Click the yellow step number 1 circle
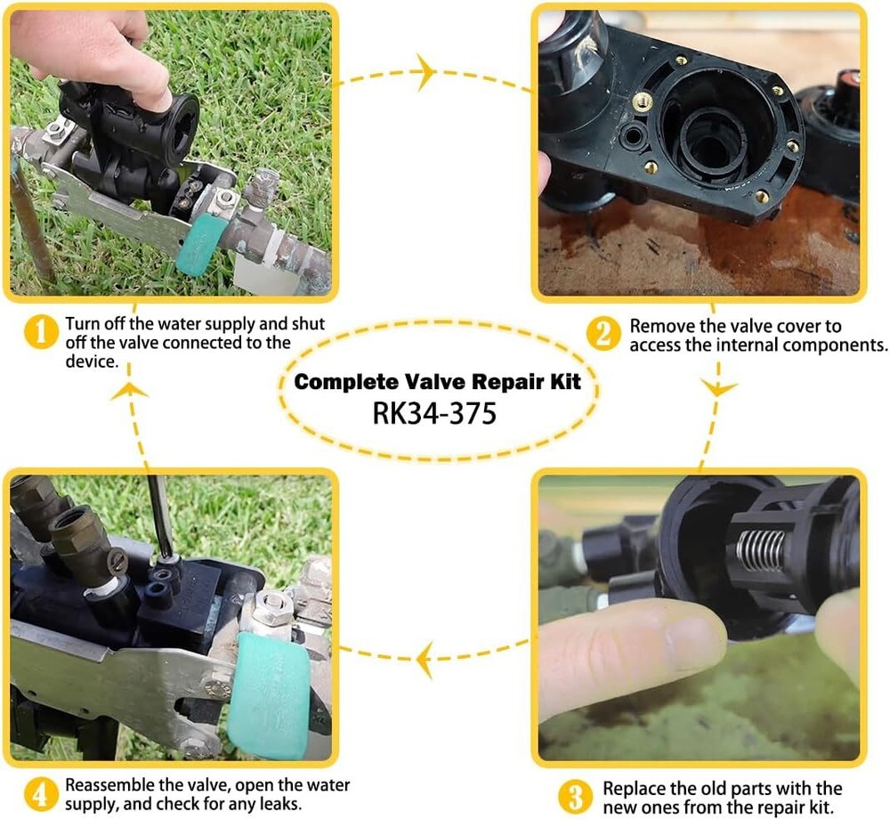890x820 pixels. click(x=40, y=331)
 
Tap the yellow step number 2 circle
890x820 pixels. click(x=603, y=334)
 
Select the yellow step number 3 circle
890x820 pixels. click(x=575, y=796)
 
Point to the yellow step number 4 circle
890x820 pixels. click(x=40, y=794)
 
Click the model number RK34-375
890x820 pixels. click(x=434, y=413)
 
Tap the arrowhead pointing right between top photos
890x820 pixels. click(x=426, y=72)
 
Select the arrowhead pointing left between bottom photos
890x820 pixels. click(x=425, y=659)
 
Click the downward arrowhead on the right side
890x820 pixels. click(x=719, y=388)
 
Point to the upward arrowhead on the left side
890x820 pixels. click(x=129, y=390)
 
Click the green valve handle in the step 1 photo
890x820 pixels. click(x=199, y=247)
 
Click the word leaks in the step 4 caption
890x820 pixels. click(x=279, y=804)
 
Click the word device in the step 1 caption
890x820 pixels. click(x=92, y=361)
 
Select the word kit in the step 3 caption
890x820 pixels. click(x=821, y=807)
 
